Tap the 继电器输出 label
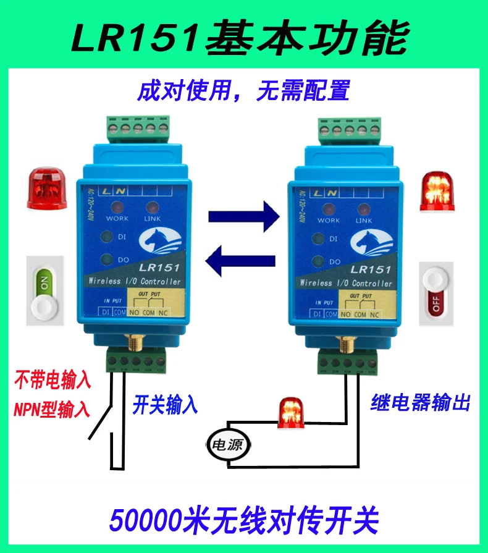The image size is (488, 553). (x=421, y=404)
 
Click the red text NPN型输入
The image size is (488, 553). (x=53, y=408)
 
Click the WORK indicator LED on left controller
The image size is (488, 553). (x=117, y=207)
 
